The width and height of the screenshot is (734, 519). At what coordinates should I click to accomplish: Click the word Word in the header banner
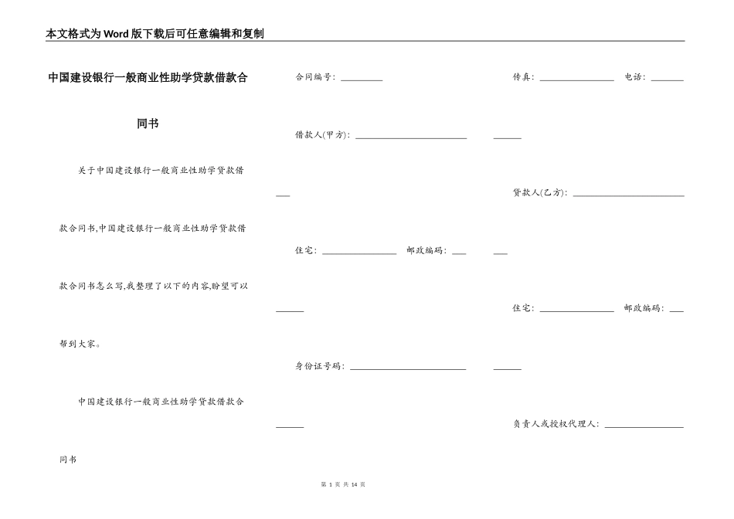118,34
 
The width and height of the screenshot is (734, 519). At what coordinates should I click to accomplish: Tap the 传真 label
523,77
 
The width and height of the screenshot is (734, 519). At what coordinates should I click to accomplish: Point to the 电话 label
635,77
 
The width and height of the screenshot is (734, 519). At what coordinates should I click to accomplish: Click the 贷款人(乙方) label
540,193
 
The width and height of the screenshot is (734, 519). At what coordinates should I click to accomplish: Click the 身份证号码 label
320,366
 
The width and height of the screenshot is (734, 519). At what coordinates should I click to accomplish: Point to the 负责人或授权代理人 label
556,424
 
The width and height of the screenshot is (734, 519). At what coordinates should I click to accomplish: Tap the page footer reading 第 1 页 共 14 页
342,484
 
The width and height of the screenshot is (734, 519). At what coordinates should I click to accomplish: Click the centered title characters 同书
148,124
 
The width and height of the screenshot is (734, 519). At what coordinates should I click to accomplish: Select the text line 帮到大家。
80,344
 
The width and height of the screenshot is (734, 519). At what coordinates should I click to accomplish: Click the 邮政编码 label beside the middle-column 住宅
426,251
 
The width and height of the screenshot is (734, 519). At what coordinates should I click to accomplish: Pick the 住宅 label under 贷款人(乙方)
523,308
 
